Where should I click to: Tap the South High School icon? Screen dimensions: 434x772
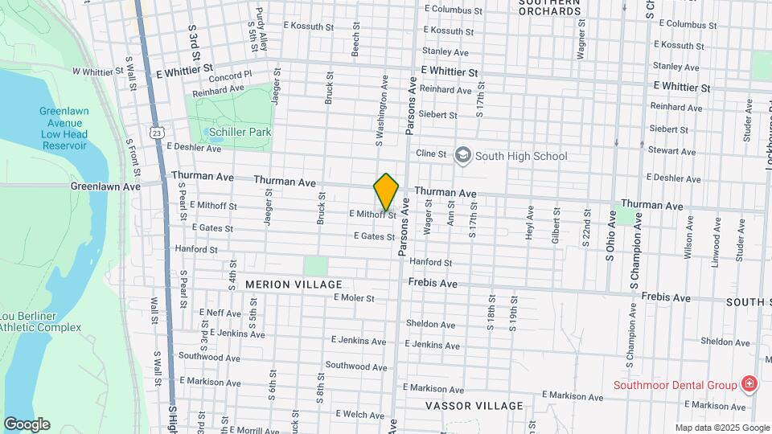462,155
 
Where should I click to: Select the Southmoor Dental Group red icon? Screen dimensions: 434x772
749,384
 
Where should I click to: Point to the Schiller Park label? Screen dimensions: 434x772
240,132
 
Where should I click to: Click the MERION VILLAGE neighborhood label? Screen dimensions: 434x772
294,285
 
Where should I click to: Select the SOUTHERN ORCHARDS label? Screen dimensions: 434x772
549,7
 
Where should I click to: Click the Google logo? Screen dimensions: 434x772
26,424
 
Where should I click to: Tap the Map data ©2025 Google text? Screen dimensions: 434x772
721,428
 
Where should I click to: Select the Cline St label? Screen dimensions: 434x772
430,153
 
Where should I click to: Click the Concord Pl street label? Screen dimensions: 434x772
230,75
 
